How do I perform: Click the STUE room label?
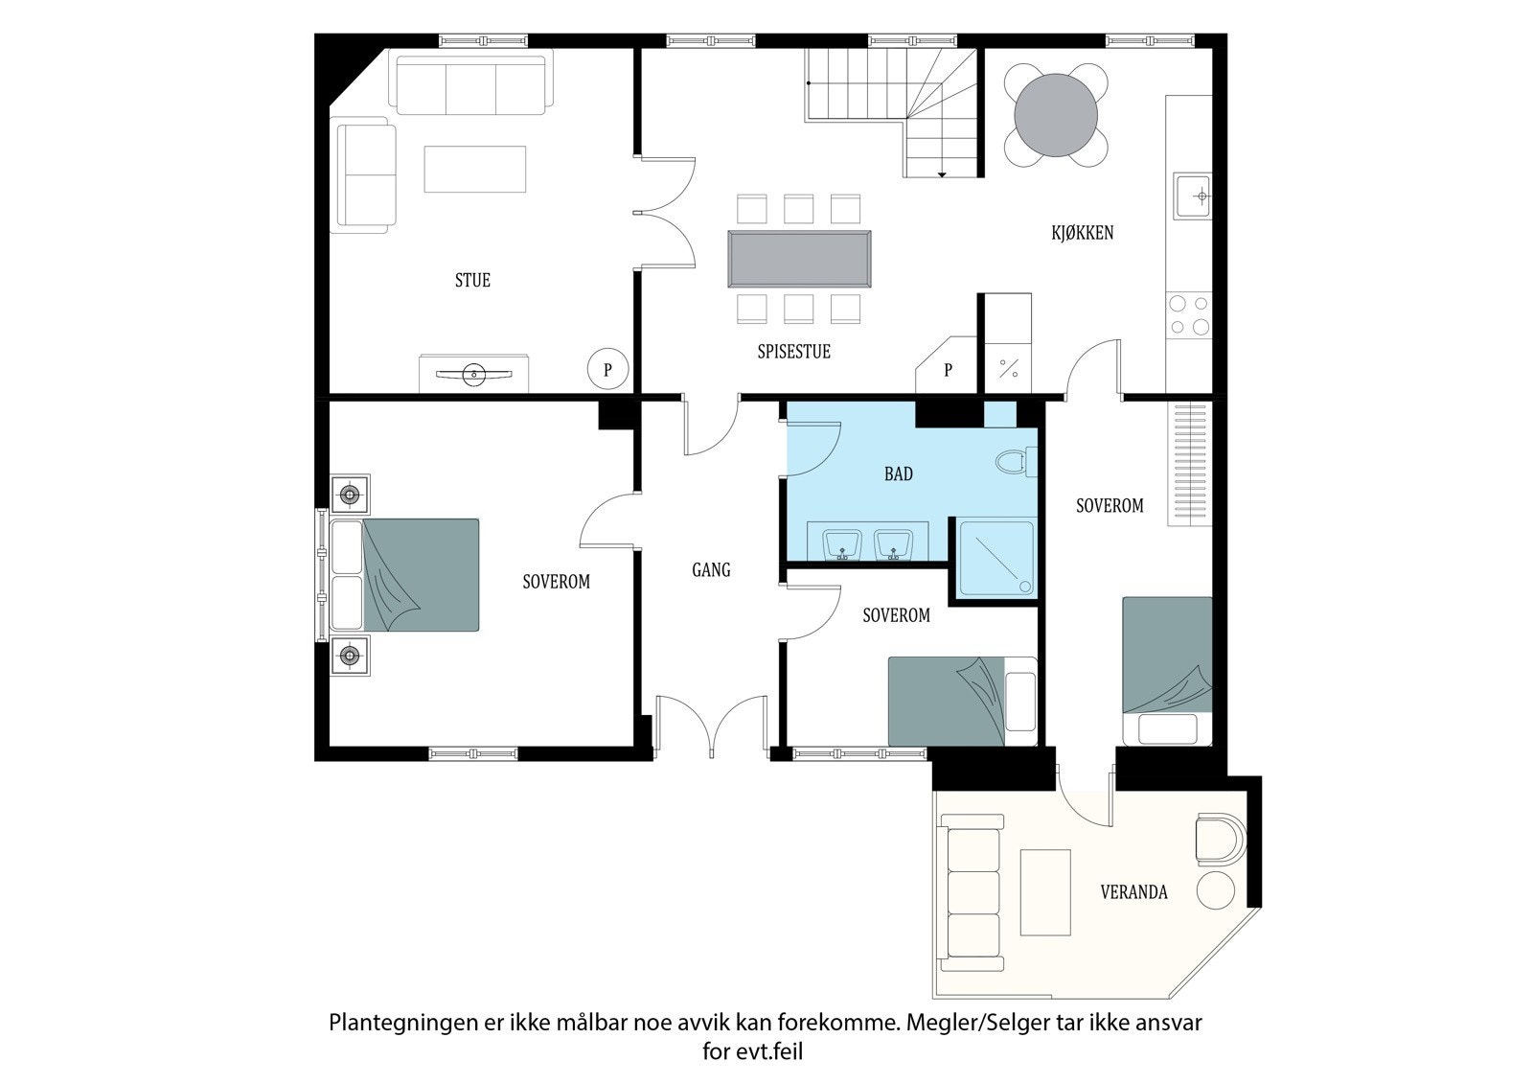472,280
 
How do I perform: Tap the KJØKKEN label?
1082,233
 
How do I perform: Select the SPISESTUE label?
793,352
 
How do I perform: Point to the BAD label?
898,473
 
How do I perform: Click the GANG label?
711,569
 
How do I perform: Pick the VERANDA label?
1133,891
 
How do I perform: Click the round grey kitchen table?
1056,115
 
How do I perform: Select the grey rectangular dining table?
799,259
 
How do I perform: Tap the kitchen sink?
1192,196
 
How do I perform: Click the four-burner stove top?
1189,315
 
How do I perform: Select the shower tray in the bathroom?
996,559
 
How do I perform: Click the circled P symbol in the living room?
607,369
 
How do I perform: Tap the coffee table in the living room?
475,169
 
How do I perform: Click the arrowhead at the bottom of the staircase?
942,175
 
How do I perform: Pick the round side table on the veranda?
1216,890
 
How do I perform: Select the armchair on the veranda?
1221,840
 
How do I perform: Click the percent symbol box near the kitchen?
1008,368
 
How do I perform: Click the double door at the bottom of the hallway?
712,725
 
